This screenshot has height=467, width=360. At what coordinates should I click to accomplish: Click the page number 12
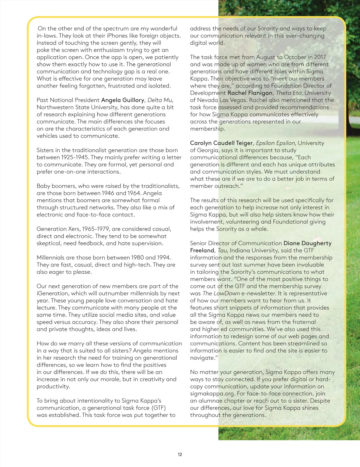180,454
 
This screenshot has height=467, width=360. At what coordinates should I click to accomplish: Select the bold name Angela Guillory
123,100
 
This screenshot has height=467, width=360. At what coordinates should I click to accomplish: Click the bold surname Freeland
202,250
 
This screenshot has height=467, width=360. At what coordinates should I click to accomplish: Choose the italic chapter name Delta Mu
160,100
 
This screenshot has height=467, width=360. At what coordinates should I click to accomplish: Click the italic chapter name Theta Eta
289,93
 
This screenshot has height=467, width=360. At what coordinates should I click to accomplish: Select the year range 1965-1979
96,229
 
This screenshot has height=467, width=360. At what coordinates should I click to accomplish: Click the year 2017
320,57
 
